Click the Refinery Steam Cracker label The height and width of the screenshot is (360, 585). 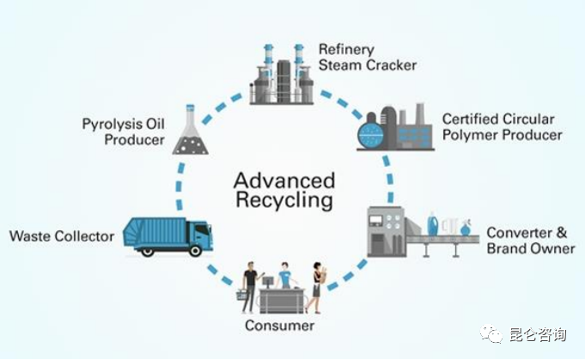[x=367, y=57]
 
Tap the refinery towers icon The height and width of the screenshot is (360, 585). [x=280, y=73]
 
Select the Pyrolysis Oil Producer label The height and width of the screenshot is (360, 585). [x=123, y=131]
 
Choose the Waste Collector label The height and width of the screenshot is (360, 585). [x=62, y=235]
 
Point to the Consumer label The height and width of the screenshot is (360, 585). [x=279, y=326]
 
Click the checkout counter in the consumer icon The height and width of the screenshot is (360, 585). [x=280, y=299]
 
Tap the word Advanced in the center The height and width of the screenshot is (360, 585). [x=283, y=181]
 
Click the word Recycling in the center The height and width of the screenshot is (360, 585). [x=283, y=202]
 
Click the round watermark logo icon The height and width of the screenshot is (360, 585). [x=493, y=333]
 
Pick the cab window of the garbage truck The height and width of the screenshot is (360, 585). [x=203, y=230]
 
